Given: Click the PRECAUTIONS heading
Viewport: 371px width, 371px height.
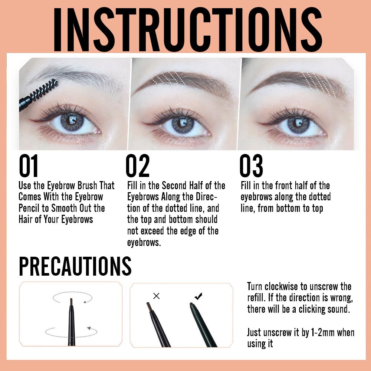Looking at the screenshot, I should (75, 266).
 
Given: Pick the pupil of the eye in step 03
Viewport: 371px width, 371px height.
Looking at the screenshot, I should (298, 124).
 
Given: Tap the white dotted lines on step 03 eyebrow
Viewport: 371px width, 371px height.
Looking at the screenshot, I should (319, 83).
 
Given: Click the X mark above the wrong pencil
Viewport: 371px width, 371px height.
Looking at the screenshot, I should (156, 296).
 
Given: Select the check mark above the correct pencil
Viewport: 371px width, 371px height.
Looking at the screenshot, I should (198, 296).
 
